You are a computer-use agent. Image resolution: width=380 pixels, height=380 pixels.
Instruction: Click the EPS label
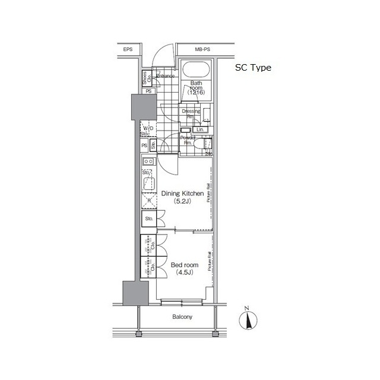coord(128,50)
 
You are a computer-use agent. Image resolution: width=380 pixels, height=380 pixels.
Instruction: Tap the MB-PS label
coord(202,50)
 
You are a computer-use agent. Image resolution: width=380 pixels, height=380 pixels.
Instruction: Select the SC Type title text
coord(252,68)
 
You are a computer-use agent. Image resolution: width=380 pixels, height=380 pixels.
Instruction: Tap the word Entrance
coord(166,76)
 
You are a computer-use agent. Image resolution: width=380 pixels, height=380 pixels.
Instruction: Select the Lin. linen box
coord(200,129)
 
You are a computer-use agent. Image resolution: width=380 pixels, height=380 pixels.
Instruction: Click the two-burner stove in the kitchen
coord(148,161)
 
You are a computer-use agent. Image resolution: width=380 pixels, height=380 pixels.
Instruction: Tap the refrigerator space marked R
coord(148,201)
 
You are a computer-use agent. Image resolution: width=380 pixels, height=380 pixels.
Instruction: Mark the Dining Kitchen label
coord(183,194)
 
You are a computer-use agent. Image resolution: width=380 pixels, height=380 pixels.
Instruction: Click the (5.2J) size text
coord(182,202)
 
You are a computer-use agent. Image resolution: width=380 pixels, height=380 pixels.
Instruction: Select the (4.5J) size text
coord(181,273)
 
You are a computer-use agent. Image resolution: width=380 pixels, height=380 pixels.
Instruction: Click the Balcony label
coord(182,317)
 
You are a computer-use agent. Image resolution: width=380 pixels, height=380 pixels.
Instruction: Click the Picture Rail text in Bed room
coord(210,262)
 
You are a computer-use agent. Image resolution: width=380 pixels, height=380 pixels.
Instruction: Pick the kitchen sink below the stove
coord(148,182)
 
